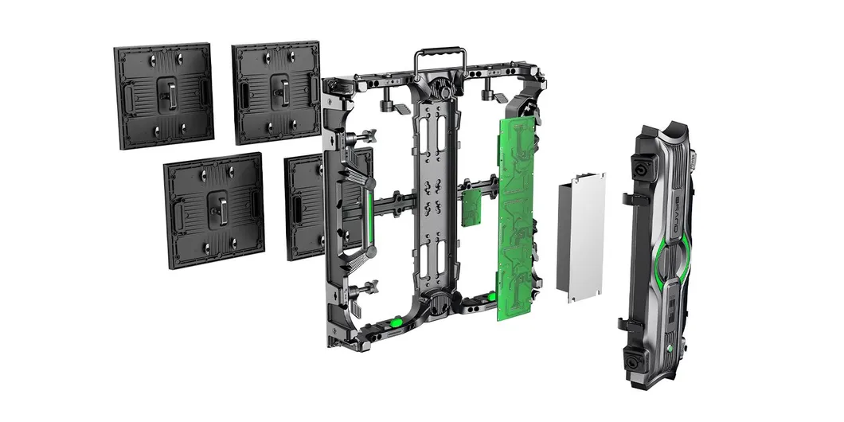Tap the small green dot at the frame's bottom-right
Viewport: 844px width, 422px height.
492,297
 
